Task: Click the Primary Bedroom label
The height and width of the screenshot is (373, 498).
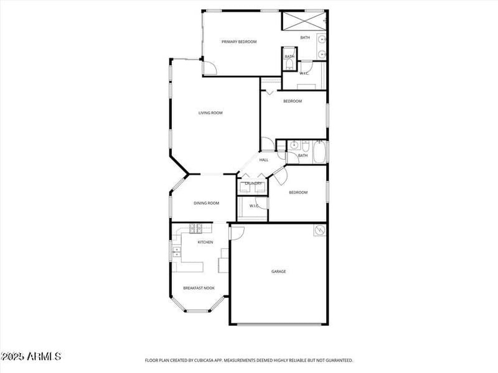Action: pos(239,42)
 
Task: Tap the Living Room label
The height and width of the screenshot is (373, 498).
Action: pos(210,113)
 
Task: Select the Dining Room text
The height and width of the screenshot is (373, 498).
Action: pos(206,203)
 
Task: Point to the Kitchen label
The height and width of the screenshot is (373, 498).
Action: pos(205,242)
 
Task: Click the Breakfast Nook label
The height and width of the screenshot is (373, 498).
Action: pos(199,288)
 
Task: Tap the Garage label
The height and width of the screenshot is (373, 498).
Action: pos(278,272)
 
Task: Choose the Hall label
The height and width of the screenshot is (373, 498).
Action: pos(264,160)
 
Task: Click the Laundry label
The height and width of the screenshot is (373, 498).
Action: pos(253,183)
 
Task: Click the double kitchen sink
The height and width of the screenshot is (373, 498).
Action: pos(176,252)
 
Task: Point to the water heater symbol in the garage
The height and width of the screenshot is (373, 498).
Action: pos(320,231)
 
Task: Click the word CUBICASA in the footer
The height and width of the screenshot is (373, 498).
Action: pos(216,360)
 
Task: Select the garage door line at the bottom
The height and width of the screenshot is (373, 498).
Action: pos(279,324)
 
